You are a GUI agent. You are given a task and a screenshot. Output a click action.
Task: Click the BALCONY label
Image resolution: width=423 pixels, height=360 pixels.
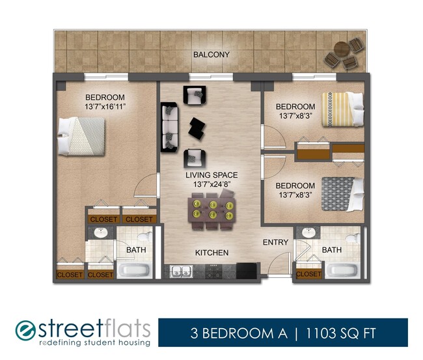pos(211,55)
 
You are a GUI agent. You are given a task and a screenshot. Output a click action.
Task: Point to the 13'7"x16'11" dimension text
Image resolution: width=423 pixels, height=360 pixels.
pos(104,106)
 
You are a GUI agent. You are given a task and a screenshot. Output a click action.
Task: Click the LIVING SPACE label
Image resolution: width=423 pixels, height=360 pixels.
pos(211,175)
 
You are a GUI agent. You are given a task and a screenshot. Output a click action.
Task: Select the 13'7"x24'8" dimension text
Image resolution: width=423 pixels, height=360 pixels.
pos(211,184)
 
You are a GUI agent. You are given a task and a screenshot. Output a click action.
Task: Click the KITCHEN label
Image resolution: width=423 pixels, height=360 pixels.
pos(212,253)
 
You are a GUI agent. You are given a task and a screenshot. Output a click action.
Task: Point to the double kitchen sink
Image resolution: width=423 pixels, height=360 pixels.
pos(180,272)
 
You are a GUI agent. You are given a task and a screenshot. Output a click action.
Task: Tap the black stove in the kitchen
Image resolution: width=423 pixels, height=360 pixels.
pos(247,270)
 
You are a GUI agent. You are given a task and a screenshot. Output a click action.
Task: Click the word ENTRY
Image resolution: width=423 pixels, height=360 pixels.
pos(275,243)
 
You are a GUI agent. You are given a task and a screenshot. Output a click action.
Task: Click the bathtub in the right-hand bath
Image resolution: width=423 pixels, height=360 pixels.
pos(342,271)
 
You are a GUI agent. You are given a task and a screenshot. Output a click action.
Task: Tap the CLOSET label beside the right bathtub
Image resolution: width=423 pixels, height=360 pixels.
pos(308,274)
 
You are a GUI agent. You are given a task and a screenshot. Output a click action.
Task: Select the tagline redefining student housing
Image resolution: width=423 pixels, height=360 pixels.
pos(94,343)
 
